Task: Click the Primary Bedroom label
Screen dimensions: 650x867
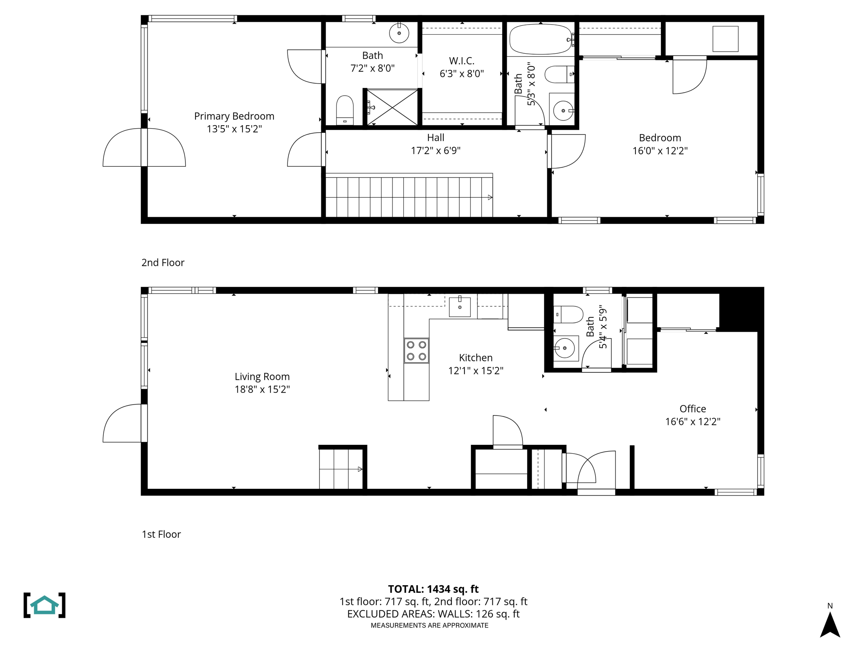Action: [234, 116]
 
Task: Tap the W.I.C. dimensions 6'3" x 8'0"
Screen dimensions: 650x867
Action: [461, 74]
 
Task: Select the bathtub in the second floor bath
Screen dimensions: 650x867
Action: [540, 39]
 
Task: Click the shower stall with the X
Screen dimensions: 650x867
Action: [392, 107]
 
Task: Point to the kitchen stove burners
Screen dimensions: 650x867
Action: [416, 350]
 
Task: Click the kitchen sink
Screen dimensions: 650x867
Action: [459, 307]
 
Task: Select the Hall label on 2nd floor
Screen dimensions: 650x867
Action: [436, 138]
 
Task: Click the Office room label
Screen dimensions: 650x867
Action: [693, 409]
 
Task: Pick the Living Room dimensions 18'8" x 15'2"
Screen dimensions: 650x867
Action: [262, 389]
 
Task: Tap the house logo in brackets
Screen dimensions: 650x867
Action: [44, 605]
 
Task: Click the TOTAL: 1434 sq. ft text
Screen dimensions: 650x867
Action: [433, 589]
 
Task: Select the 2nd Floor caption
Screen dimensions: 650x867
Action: [163, 262]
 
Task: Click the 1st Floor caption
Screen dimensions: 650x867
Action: [161, 534]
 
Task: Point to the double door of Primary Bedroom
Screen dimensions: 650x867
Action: [144, 148]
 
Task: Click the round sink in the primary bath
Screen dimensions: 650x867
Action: [399, 33]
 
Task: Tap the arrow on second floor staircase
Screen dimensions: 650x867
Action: [490, 197]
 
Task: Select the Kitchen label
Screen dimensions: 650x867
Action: [475, 358]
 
